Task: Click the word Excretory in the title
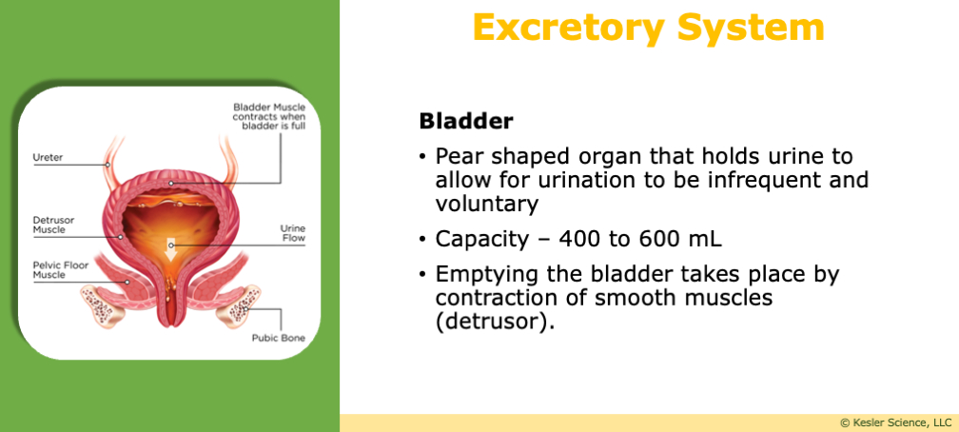click(567, 28)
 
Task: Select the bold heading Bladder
click(466, 122)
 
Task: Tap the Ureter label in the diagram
click(48, 157)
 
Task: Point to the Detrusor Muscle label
click(53, 225)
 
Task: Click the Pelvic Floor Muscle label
click(60, 269)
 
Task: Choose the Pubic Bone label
click(277, 338)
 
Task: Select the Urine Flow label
click(292, 233)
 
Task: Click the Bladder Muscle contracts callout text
click(269, 117)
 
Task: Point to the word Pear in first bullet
click(456, 155)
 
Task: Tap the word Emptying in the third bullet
click(478, 274)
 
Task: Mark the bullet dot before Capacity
click(422, 240)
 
